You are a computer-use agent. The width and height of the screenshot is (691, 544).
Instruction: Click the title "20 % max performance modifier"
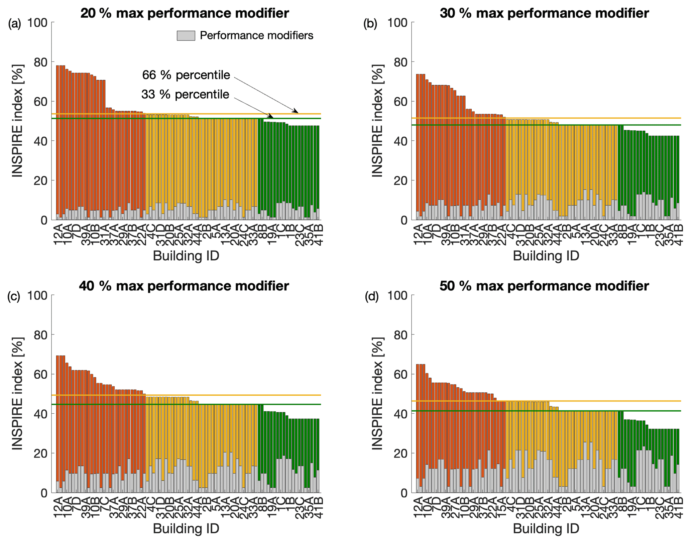(185, 13)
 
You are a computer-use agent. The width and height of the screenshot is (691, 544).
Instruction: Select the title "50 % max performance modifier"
(544, 286)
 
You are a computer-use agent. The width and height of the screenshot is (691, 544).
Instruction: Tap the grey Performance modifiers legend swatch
(186, 36)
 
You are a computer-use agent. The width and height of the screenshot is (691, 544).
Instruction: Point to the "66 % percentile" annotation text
(186, 75)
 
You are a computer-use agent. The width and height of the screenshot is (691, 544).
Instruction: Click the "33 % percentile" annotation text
(185, 95)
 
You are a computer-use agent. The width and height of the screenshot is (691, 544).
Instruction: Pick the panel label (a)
(15, 24)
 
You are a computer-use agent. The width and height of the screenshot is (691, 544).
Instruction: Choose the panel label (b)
(370, 24)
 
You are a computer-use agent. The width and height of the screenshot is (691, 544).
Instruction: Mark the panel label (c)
(14, 297)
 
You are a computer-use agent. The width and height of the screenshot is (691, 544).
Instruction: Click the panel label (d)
(371, 297)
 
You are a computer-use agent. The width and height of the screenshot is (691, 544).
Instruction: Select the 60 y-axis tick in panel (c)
(41, 374)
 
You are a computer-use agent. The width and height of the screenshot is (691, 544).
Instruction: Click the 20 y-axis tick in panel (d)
(400, 453)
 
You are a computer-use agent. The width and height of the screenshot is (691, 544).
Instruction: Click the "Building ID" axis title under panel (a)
(186, 256)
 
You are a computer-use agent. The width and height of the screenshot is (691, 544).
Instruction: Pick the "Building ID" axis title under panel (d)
(546, 529)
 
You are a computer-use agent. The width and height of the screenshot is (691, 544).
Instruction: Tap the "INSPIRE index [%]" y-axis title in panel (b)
(377, 121)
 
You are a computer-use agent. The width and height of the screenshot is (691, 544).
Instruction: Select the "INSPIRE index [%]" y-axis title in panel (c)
(17, 394)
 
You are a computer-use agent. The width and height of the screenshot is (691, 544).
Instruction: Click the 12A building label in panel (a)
(58, 235)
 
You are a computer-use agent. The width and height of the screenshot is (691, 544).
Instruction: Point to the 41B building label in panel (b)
(679, 235)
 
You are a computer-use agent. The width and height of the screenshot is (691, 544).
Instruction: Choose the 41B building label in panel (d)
(679, 507)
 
